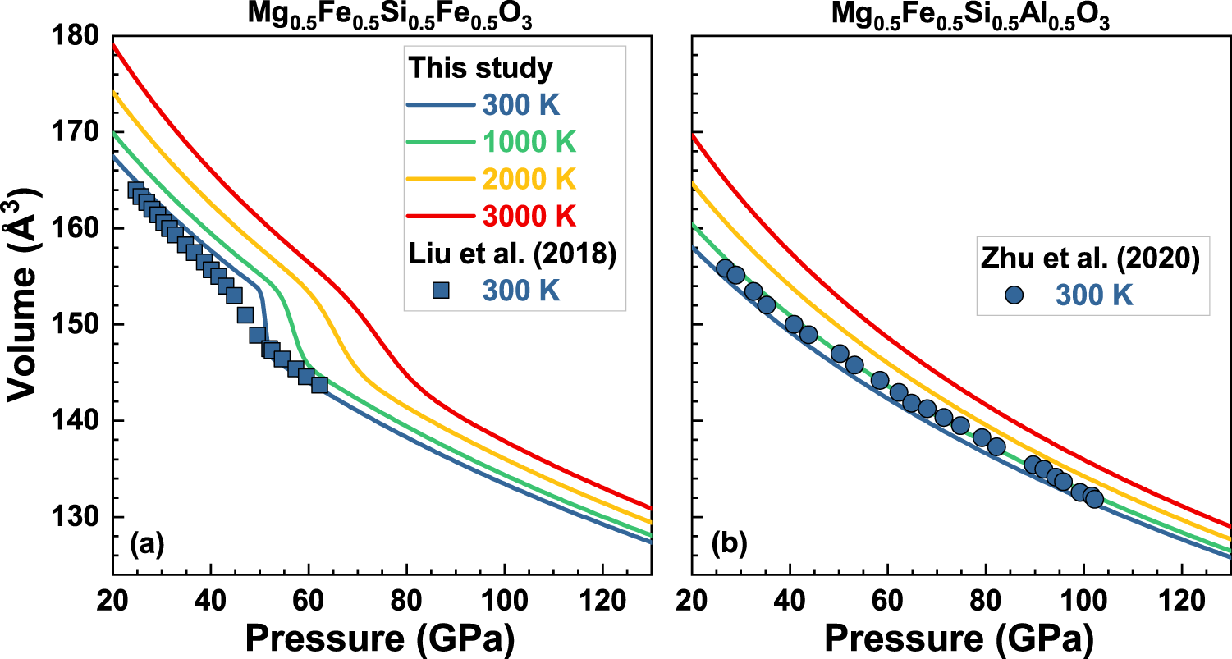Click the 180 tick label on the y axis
click(x=76, y=37)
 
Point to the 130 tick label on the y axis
click(x=76, y=517)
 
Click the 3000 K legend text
click(x=529, y=216)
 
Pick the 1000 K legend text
click(x=529, y=142)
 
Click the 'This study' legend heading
click(x=482, y=69)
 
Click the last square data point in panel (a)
click(x=319, y=384)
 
